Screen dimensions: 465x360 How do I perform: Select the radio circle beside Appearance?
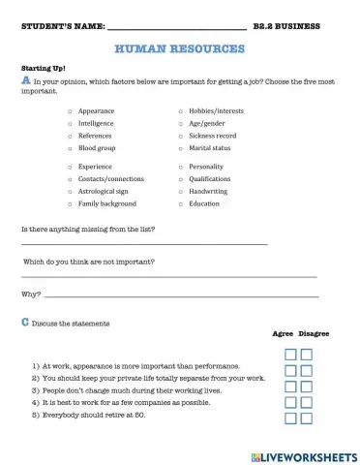pyautogui.click(x=70, y=112)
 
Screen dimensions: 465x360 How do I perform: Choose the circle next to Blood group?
pyautogui.click(x=70, y=148)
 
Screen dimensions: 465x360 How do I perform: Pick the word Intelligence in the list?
pyautogui.click(x=96, y=124)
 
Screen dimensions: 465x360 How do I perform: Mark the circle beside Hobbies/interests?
pyautogui.click(x=180, y=112)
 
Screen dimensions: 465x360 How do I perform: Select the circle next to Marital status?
pyautogui.click(x=180, y=148)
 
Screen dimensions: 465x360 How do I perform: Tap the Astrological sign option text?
pyautogui.click(x=106, y=191)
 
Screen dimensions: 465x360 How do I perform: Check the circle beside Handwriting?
pyautogui.click(x=180, y=191)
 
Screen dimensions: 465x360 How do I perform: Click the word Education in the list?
pyautogui.click(x=204, y=203)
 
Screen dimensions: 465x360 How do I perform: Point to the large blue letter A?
pyautogui.click(x=25, y=82)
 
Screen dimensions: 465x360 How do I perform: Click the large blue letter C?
pyautogui.click(x=25, y=322)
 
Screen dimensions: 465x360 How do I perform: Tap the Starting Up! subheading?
pyautogui.click(x=40, y=68)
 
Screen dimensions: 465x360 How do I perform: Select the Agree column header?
pyautogui.click(x=283, y=333)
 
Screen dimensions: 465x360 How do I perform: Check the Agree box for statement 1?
pyautogui.click(x=290, y=356)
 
